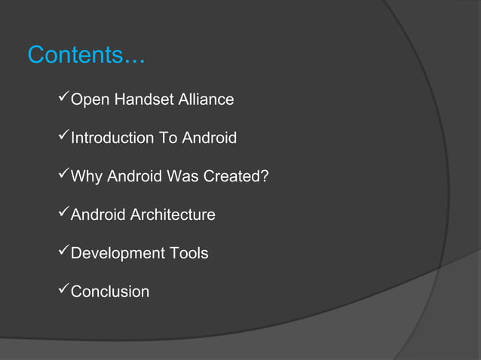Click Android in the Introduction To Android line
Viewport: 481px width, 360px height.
click(209, 138)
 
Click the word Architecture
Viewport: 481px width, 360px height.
click(173, 215)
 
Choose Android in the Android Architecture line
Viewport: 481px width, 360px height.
click(98, 215)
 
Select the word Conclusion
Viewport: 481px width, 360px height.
click(110, 292)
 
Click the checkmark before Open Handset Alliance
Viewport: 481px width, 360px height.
click(63, 99)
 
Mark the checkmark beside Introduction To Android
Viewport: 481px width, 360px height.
click(63, 137)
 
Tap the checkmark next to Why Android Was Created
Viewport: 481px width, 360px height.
click(63, 176)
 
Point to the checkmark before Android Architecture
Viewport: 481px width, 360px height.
click(63, 215)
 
